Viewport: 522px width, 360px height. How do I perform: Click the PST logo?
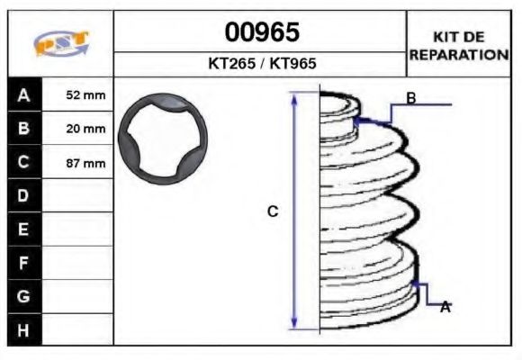[61, 43]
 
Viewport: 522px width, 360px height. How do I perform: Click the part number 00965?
[262, 32]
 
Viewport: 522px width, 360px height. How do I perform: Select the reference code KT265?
[231, 63]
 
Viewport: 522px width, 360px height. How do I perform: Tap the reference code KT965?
[292, 63]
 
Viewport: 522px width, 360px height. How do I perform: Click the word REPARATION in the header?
[459, 55]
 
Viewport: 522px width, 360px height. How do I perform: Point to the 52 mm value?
[85, 95]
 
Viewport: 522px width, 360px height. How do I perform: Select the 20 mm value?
[85, 129]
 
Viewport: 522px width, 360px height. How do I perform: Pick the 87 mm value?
[85, 163]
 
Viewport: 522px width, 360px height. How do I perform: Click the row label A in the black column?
[23, 95]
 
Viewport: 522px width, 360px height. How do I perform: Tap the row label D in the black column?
[23, 195]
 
